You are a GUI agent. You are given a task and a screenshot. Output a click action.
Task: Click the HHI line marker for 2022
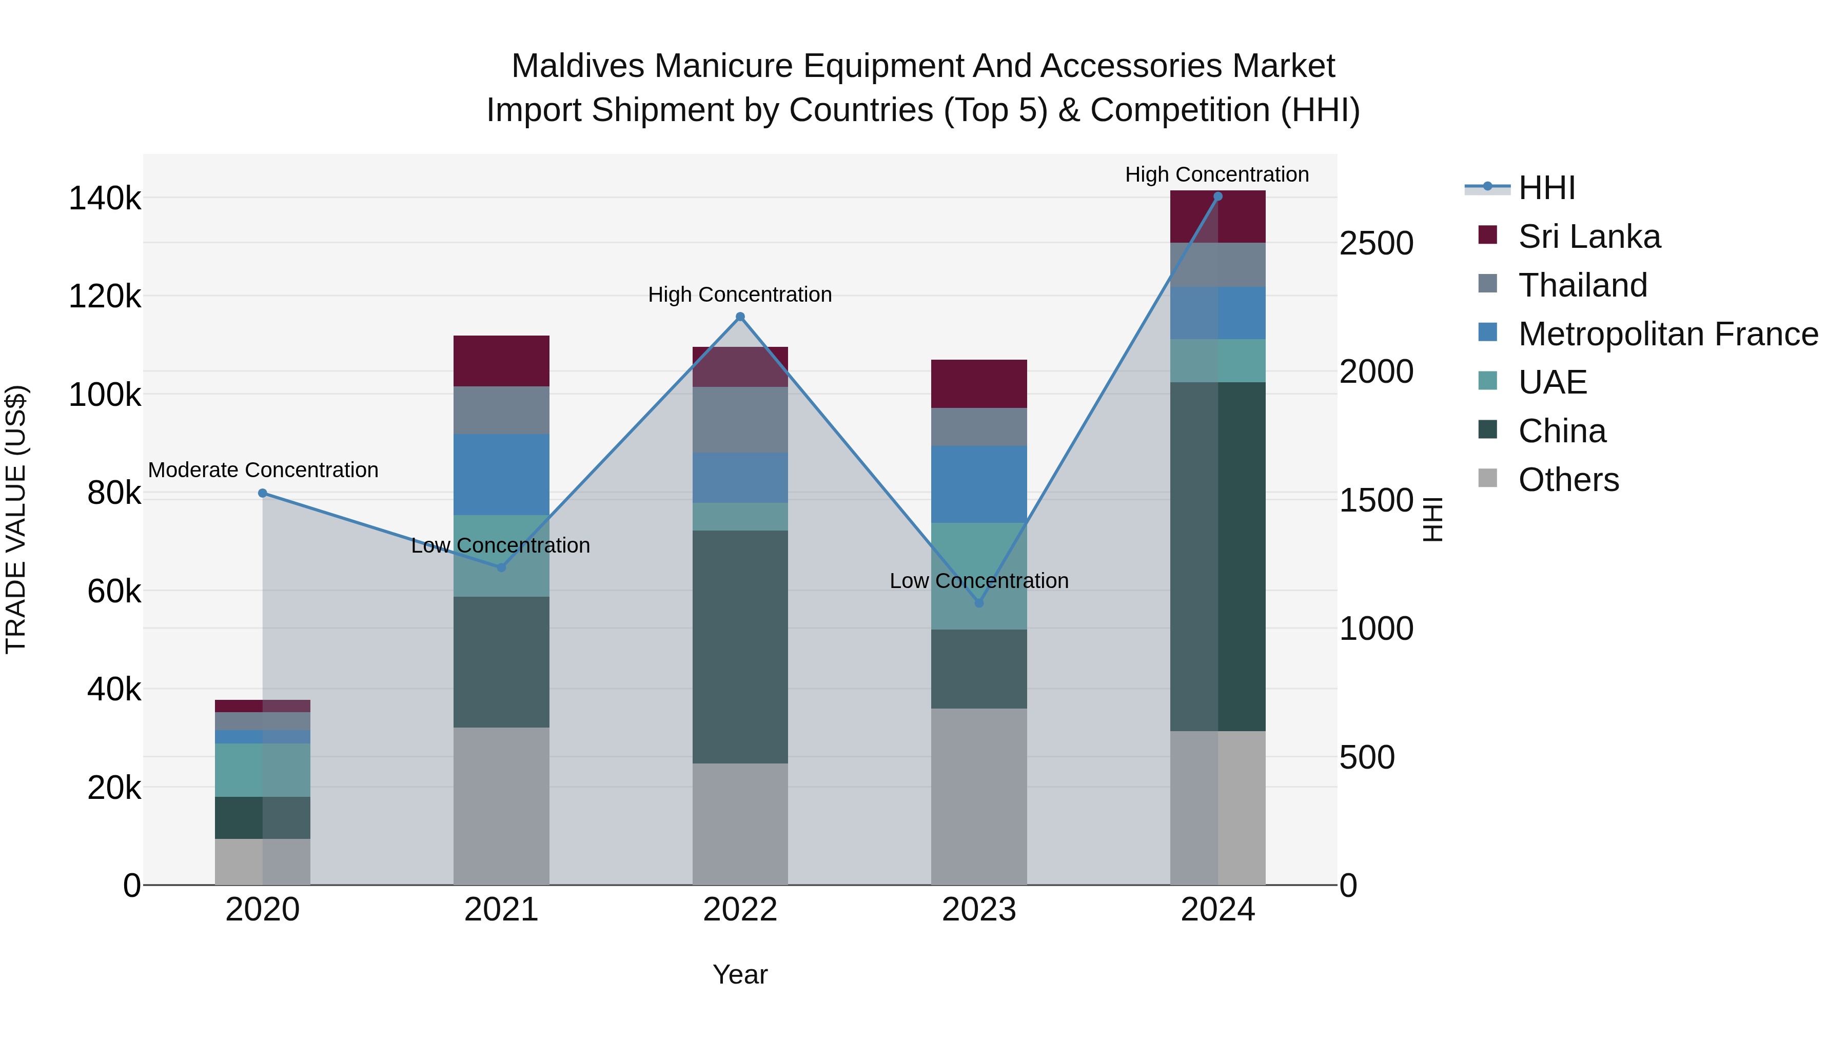pos(740,317)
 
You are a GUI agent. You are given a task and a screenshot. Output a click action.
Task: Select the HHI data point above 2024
pos(1217,197)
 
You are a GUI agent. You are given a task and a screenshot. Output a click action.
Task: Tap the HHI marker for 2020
pos(262,493)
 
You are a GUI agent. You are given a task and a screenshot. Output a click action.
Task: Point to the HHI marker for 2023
pos(979,603)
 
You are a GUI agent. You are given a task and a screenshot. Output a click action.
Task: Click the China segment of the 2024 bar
pos(1217,556)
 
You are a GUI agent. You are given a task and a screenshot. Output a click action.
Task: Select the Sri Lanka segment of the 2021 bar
pos(501,361)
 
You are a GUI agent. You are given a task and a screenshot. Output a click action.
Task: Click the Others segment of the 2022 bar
pos(740,824)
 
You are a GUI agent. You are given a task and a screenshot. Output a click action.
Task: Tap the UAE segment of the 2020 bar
pos(262,770)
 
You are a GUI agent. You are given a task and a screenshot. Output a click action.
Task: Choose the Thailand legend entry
pos(1582,285)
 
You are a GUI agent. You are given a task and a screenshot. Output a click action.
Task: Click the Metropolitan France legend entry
pos(1668,334)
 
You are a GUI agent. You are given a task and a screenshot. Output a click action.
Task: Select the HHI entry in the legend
pos(1546,188)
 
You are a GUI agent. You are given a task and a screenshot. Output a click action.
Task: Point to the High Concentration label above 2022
pos(740,295)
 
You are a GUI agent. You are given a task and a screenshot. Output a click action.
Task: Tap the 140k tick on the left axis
pos(105,199)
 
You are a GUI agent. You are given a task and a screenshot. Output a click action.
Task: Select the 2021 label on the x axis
pos(501,910)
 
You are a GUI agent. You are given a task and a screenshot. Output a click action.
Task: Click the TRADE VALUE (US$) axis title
pos(16,519)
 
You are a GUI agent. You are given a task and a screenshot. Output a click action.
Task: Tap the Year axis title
pos(740,974)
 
